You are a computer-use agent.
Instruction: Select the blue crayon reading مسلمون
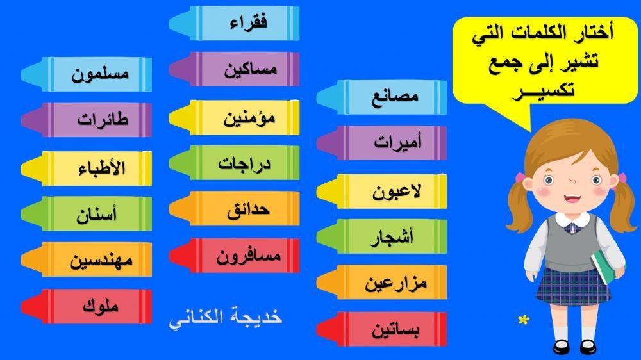tap(100, 74)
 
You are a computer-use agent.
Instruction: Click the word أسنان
tap(100, 214)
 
